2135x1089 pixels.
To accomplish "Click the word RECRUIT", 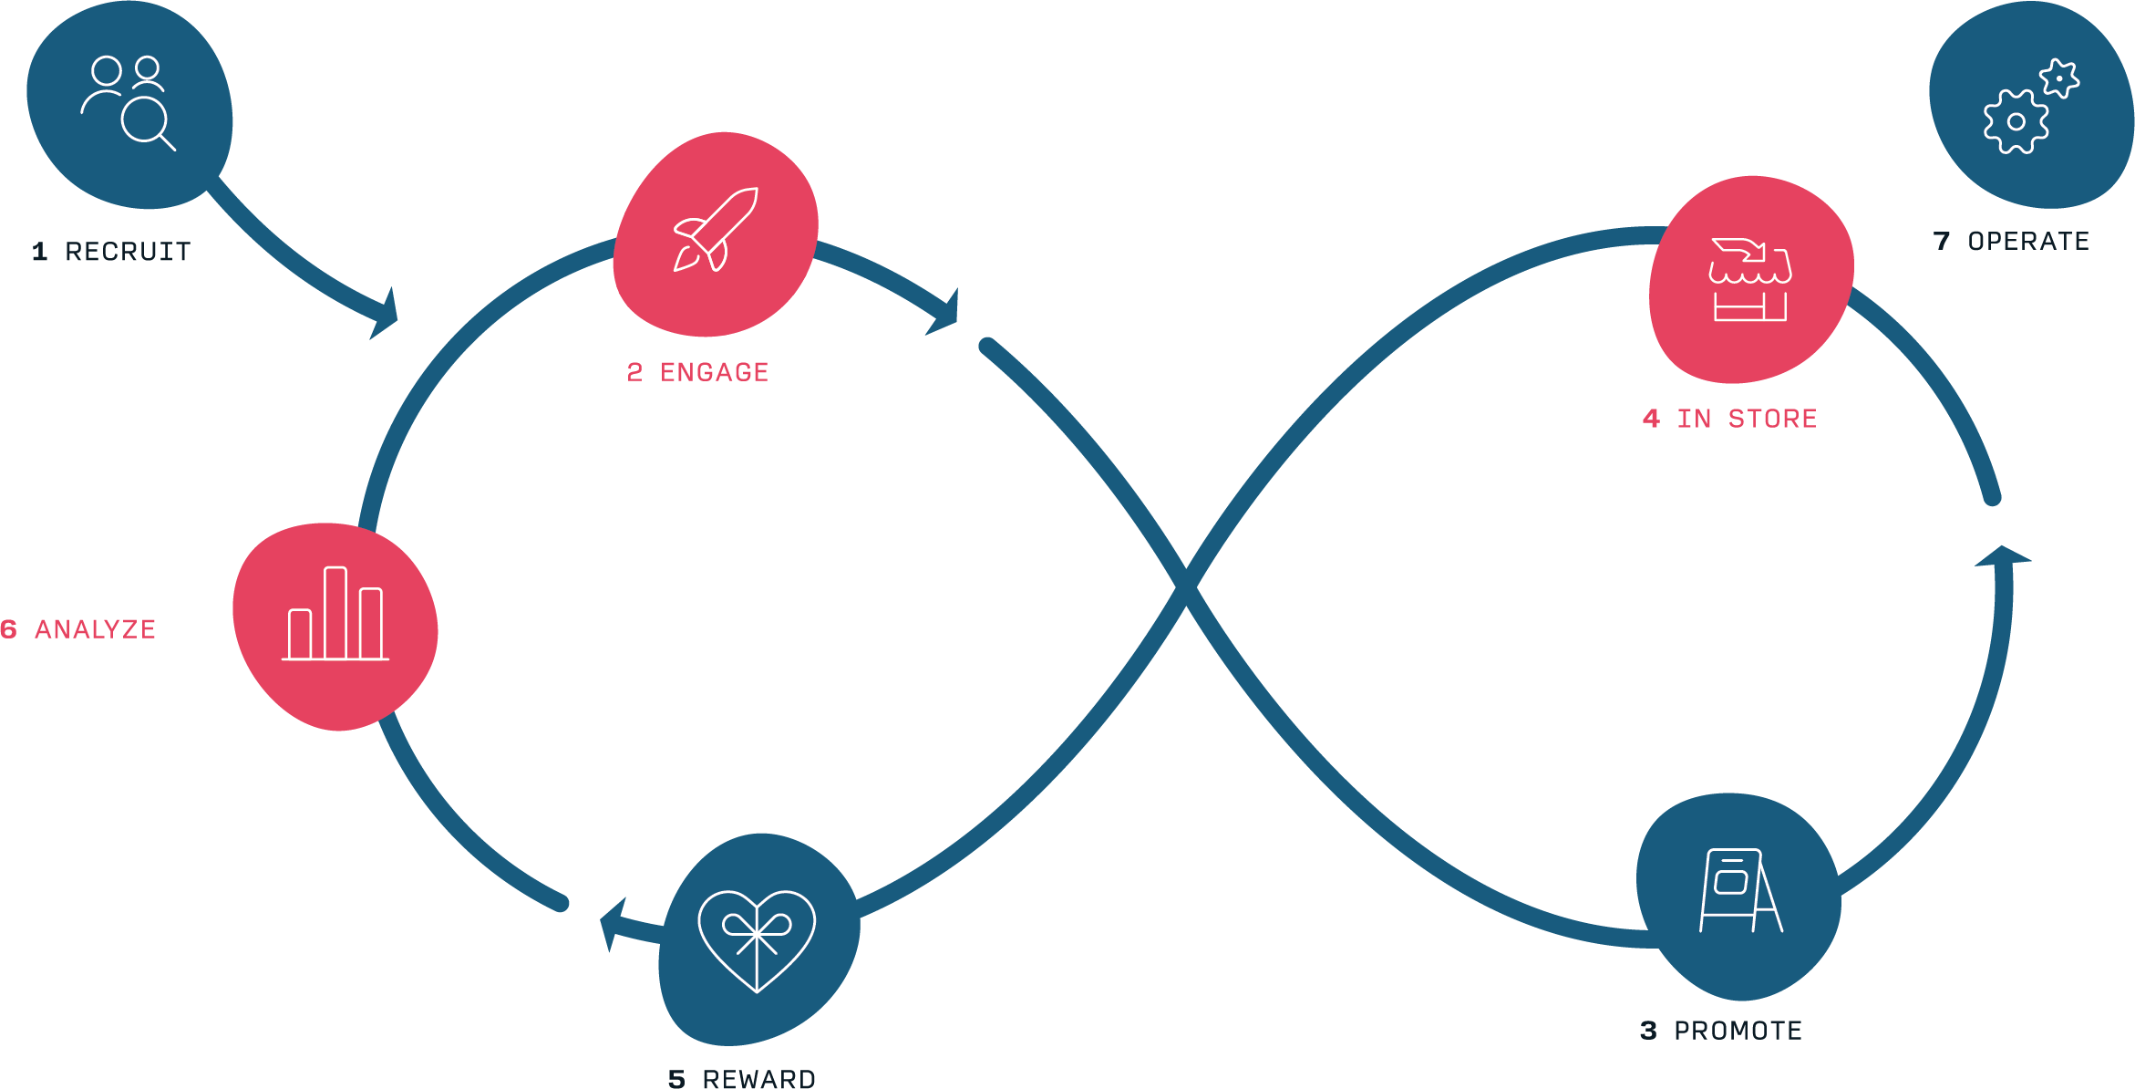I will pos(128,252).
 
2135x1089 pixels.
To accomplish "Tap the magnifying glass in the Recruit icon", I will pos(146,120).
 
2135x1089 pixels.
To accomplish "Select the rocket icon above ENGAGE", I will pos(716,230).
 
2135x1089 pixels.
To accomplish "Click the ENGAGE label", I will pos(714,372).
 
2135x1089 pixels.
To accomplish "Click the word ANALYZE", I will pos(95,629).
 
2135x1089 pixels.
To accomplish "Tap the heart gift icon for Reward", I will pos(757,939).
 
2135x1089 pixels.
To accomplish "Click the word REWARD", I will pos(758,1079).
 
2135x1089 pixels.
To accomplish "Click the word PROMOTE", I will pos(1738,1031).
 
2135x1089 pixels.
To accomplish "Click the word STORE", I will pos(1772,419).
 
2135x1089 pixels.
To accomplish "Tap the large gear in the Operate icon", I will pos(2016,122).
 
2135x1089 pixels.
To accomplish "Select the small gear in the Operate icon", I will pos(2059,78).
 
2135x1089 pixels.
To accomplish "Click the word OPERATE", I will pos(2028,241).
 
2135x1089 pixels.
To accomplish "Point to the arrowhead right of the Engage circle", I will pos(944,315).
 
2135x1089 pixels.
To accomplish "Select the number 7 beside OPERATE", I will pos(1942,241).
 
